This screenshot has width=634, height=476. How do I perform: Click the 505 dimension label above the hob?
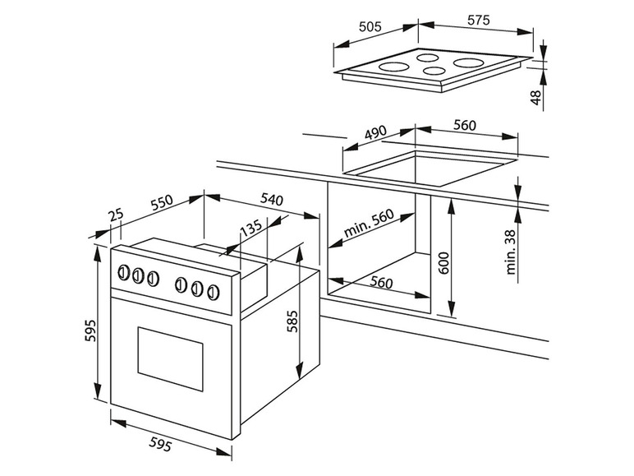point(370,26)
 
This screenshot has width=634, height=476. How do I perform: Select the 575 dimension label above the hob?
point(478,20)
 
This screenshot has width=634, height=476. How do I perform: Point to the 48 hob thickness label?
point(535,98)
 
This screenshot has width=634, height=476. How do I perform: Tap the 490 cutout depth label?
point(375,132)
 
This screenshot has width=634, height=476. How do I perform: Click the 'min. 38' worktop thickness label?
point(511,252)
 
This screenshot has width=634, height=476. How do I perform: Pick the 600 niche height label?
point(443,263)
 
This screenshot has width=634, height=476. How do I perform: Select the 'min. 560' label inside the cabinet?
point(369,223)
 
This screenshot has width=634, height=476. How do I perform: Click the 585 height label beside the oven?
point(292,321)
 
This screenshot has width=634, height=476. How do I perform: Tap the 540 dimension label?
point(271,199)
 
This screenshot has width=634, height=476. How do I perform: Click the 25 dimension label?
point(116,215)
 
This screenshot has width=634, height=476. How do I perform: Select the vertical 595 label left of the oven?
point(90,330)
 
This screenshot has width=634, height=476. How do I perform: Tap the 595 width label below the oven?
point(160,445)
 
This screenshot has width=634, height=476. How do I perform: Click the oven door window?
point(170,358)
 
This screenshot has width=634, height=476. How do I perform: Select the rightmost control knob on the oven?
point(213,292)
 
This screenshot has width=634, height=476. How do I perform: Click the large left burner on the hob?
point(395,67)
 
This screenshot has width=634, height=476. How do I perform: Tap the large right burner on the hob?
point(469,62)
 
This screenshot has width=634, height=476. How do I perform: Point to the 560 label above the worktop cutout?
point(464,126)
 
